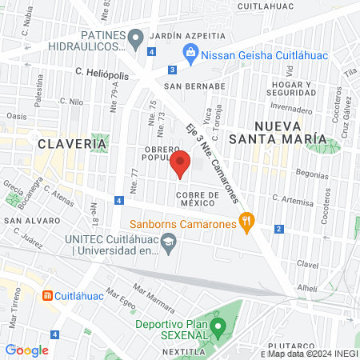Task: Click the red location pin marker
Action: pyautogui.click(x=181, y=163)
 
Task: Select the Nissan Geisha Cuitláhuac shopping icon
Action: pyautogui.click(x=190, y=54)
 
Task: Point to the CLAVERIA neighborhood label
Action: pyautogui.click(x=72, y=143)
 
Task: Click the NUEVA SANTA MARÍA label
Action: pyautogui.click(x=289, y=132)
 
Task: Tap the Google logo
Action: pyautogui.click(x=26, y=350)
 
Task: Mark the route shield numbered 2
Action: pyautogui.click(x=278, y=230)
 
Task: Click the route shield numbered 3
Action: pyautogui.click(x=173, y=70)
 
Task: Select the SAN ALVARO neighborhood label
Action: pyautogui.click(x=27, y=219)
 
